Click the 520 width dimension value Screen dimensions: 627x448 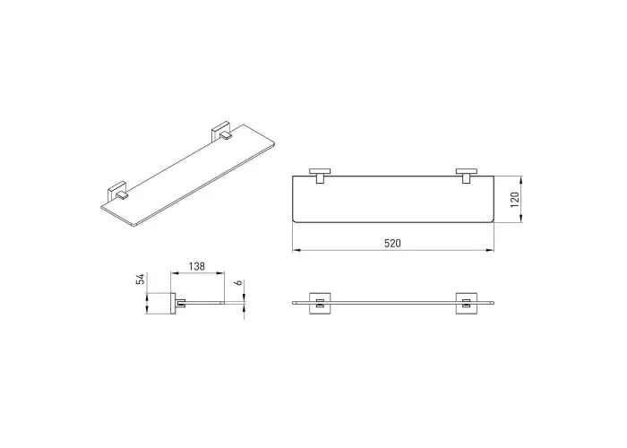click(x=392, y=243)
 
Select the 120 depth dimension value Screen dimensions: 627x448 click(x=515, y=200)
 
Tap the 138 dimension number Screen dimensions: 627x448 click(x=197, y=266)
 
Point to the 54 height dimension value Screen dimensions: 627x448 click(x=140, y=280)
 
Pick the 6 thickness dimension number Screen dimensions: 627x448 click(x=238, y=283)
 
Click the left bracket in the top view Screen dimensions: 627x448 click(x=320, y=176)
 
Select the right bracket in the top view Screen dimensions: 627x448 click(x=467, y=176)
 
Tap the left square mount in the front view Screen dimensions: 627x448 click(x=320, y=303)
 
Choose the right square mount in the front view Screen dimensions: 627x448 click(x=467, y=303)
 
